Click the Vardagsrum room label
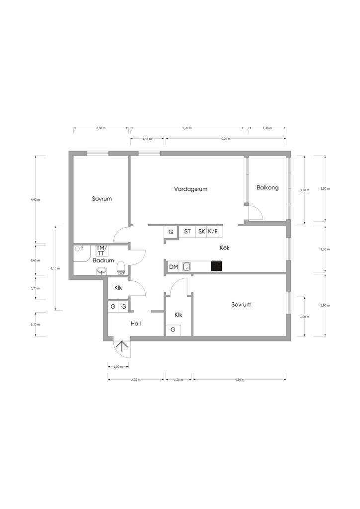(x=190, y=189)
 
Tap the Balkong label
(x=268, y=187)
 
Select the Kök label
(x=225, y=248)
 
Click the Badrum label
(x=103, y=260)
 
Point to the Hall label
(x=136, y=323)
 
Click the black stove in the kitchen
(x=217, y=266)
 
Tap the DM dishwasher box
(x=174, y=267)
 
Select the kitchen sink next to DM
(x=186, y=266)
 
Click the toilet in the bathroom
(x=121, y=267)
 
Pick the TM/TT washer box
(x=101, y=251)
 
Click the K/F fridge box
(x=213, y=232)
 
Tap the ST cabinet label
(x=187, y=232)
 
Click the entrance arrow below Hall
(x=122, y=346)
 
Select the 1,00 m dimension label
(x=118, y=366)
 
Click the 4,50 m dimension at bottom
(x=240, y=379)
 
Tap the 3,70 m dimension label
(x=305, y=190)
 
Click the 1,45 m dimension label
(x=147, y=139)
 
